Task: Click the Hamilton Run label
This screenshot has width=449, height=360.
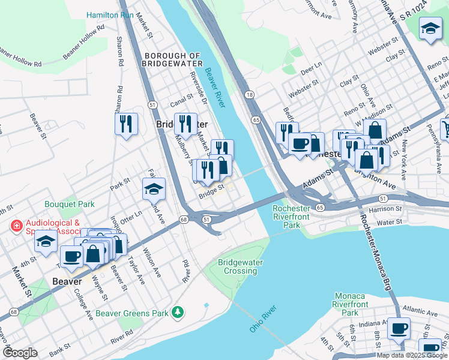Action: click(x=109, y=14)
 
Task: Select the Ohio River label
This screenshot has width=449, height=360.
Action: click(x=263, y=319)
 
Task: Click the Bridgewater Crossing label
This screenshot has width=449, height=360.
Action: click(x=237, y=266)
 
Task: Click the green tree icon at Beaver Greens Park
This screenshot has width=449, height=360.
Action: click(x=177, y=312)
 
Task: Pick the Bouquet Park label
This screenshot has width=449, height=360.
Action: click(x=69, y=204)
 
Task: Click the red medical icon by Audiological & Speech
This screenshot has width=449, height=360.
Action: click(x=16, y=226)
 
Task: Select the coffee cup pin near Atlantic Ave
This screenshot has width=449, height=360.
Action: click(x=399, y=328)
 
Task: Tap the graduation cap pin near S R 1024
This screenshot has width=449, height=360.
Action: click(x=430, y=29)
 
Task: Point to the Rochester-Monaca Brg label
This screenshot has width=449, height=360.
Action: click(x=376, y=251)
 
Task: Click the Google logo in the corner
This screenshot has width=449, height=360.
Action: click(x=20, y=353)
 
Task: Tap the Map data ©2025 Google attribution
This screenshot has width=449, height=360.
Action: click(x=412, y=355)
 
